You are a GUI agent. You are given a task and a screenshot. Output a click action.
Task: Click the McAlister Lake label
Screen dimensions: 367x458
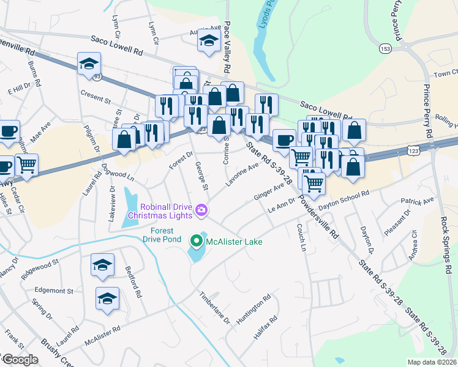coord(234,242)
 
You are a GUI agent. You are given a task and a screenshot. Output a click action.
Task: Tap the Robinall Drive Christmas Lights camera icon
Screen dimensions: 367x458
coord(202,212)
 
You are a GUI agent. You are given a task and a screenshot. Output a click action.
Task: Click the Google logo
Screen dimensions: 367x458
coord(20,360)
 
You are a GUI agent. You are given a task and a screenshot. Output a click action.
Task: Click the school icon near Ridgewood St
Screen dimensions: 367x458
coord(102,264)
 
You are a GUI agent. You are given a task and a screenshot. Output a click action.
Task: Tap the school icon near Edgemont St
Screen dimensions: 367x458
coord(108,298)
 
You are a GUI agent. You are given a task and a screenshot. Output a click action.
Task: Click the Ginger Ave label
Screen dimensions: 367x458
coord(270,191)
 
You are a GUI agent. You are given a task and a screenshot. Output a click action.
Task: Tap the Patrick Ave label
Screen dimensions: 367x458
coord(417,199)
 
